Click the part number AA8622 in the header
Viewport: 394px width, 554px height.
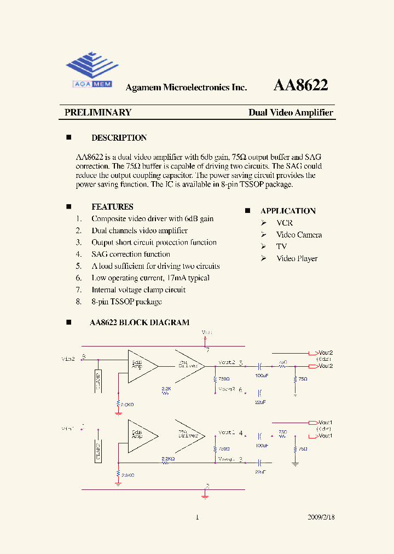coord(300,85)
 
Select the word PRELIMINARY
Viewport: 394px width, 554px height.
coord(98,113)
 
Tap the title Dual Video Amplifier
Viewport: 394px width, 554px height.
coord(291,113)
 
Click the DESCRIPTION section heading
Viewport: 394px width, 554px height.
coord(119,138)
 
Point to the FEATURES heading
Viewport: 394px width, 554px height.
coord(112,207)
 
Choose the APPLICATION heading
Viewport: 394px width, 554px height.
coord(288,211)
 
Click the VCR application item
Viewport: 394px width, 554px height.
coord(285,223)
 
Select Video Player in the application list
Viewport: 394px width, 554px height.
coord(297,258)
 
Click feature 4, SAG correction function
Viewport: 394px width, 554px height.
coord(130,254)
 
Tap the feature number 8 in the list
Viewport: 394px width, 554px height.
coord(79,302)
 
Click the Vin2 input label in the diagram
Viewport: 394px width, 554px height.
coord(68,359)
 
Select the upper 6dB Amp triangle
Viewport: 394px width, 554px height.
coord(141,365)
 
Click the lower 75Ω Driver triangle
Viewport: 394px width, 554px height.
coord(188,435)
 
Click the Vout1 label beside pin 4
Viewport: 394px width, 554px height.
coord(227,432)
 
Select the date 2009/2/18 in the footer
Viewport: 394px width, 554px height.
coord(321,517)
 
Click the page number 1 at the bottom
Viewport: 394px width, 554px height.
coord(197,517)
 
